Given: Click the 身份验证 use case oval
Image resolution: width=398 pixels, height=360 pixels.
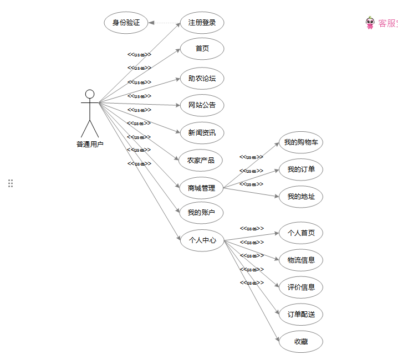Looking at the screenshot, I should pos(126,23).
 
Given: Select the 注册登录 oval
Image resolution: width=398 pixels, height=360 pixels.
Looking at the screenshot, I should pos(202,23).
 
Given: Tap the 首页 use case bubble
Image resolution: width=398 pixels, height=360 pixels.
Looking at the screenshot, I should pos(202,49).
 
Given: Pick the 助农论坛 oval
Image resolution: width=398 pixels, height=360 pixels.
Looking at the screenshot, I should pos(202,79).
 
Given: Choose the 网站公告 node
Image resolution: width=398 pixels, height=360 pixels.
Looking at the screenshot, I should pos(202,105).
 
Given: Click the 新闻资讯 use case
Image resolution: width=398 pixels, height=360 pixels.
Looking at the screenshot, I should pos(202,133).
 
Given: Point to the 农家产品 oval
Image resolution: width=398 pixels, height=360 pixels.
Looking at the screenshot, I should pos(201,161).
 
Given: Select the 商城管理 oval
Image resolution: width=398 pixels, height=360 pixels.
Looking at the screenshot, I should pos(201,188).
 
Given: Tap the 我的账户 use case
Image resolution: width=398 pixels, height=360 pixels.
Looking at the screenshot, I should pos(201,213).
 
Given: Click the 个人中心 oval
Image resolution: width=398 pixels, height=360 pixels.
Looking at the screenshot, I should pos(202,241).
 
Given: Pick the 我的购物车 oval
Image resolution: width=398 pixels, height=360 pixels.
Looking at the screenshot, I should pos(301,143).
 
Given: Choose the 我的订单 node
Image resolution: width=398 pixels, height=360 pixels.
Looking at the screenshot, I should pos(301,169).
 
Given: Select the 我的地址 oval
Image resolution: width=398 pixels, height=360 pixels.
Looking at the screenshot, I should pos(301,197).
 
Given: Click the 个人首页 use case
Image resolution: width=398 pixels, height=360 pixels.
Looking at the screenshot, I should pos(301,233).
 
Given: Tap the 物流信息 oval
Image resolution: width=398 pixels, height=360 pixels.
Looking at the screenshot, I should pos(301,260).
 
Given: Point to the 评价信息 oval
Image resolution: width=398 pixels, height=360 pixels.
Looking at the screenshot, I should pos(301,287).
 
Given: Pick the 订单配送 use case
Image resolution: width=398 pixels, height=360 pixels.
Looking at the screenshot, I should pos(301,315).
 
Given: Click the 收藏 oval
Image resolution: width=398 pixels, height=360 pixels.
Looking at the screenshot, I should pos(301,342).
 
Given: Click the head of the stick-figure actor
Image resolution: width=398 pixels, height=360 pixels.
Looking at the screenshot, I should pos(90,94).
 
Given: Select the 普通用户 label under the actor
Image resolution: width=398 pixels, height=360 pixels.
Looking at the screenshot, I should pos(90,145).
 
